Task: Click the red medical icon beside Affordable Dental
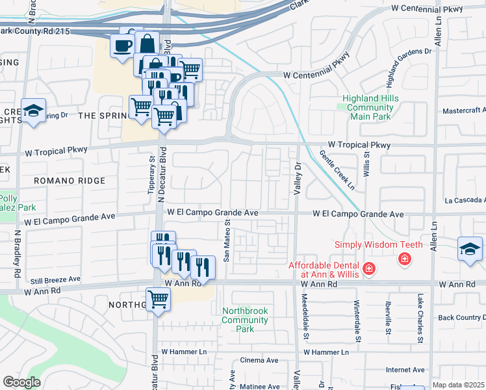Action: point(369,268)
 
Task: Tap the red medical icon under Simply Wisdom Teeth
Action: point(405,259)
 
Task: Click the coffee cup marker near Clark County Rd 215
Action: point(123,45)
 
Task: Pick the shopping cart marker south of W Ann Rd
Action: point(158,300)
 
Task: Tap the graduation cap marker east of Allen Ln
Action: point(470,249)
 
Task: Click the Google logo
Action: point(21,382)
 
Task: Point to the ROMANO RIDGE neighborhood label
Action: point(70,180)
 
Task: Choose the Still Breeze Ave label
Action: point(55,279)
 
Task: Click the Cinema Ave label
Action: point(259,360)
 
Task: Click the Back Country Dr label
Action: point(461,317)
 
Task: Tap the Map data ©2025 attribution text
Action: point(458,385)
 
